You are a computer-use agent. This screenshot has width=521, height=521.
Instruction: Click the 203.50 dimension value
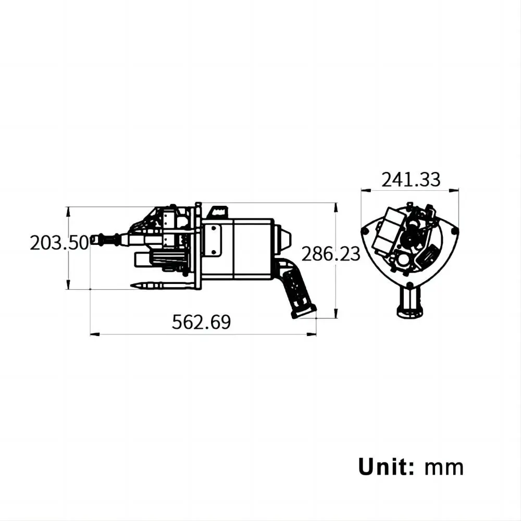59,243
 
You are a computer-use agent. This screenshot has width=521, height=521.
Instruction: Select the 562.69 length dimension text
201,322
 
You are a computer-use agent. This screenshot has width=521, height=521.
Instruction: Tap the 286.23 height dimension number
331,254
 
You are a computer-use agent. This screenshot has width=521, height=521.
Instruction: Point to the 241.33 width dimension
411,179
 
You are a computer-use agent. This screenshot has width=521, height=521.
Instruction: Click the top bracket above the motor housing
218,211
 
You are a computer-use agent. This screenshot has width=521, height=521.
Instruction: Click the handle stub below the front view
411,303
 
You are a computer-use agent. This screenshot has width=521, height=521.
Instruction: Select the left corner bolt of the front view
365,230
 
